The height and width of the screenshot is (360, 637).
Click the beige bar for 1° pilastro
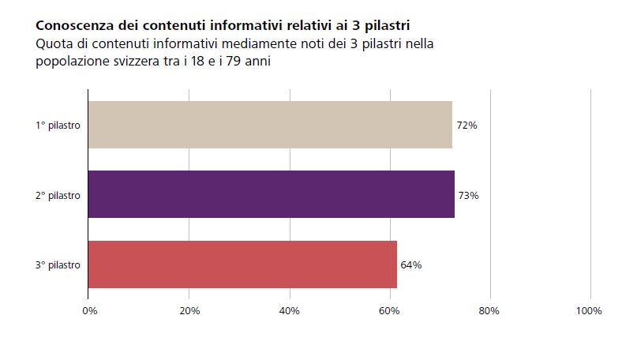pos(269,125)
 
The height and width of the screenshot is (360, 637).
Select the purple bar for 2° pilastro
pos(271,194)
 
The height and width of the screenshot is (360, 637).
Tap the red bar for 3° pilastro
pos(242,264)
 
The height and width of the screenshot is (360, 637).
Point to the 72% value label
pos(467,126)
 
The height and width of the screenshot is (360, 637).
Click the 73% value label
pos(469,195)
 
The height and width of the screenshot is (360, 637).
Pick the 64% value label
pos(411,264)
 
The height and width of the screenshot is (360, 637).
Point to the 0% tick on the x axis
pos(89,310)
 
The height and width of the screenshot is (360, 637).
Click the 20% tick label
pos(189,310)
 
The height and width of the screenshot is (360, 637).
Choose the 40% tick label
pos(290,310)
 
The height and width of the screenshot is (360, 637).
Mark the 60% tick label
pos(390,310)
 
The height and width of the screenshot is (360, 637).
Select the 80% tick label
pos(490,310)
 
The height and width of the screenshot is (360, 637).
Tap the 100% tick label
pos(589,310)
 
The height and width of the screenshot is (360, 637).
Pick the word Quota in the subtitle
pos(54,43)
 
